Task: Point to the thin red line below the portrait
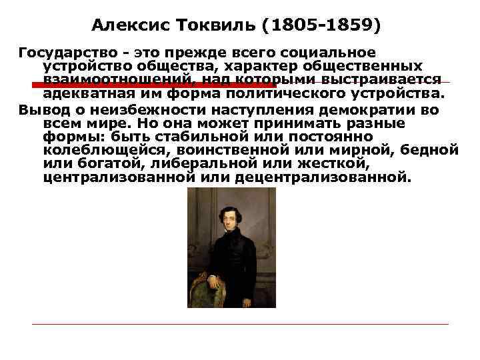click(240, 324)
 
